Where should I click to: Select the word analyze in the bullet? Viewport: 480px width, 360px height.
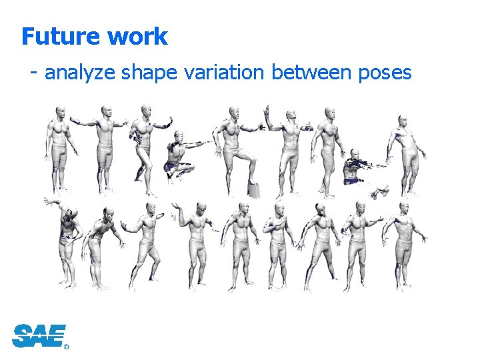[80, 72]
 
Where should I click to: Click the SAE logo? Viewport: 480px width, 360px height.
[39, 335]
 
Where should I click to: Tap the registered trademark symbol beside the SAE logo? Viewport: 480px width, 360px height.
[66, 347]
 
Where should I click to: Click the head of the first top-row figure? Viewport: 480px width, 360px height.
[61, 111]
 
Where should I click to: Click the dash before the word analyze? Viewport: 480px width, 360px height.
[33, 72]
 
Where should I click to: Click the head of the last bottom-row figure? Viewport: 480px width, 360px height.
[404, 208]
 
